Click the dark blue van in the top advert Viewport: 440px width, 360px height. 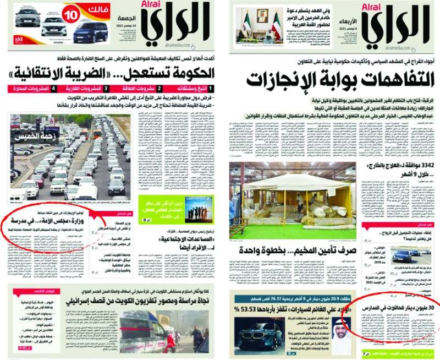click(x=91, y=31)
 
